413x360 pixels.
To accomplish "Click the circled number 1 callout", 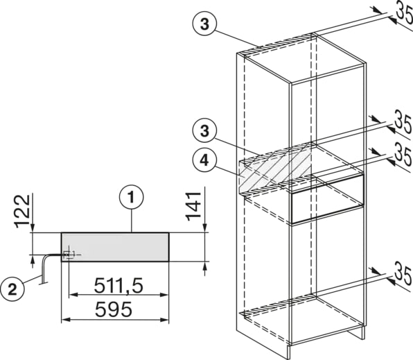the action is (131, 197).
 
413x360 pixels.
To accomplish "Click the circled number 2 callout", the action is (12, 291).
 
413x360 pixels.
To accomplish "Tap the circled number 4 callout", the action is (204, 160).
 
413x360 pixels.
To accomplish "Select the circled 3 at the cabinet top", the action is (204, 24).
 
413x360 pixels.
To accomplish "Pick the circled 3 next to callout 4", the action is (204, 131).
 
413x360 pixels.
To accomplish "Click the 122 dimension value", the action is (22, 211).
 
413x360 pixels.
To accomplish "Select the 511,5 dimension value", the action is (118, 286).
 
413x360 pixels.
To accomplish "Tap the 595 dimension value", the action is (113, 309).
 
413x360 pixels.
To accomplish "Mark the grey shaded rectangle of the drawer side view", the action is (115, 247).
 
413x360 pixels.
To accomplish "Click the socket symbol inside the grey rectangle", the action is (69, 254).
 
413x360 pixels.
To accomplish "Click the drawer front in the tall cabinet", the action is (327, 203).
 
